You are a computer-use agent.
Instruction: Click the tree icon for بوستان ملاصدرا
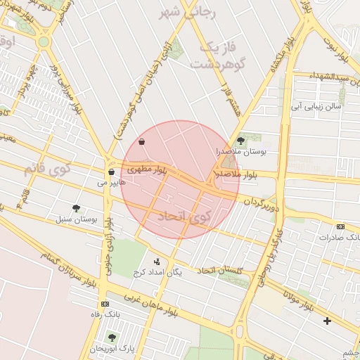pos(240,141)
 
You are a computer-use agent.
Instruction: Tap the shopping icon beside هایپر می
pos(111,172)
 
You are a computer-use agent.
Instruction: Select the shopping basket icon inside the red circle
pos(142,142)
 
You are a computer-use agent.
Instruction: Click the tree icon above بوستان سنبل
pos(76,208)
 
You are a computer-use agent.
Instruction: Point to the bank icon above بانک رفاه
pos(105,304)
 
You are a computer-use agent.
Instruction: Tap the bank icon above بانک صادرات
pos(341,226)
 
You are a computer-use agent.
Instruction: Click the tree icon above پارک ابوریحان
pos(112,337)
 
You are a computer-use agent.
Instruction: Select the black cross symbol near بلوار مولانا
pos(327,321)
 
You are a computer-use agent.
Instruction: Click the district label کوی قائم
pos(47,169)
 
